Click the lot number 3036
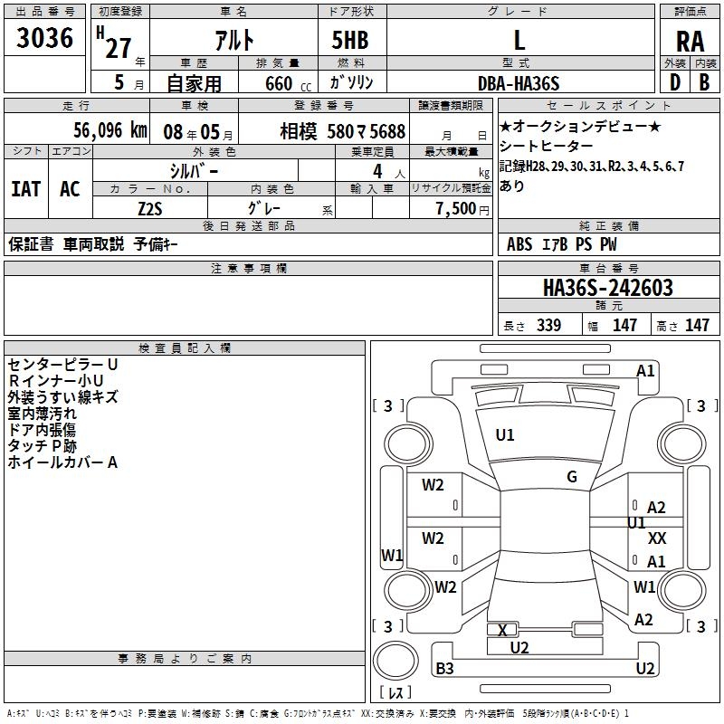tap(45, 39)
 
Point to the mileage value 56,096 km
tap(98, 129)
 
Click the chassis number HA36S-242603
tap(607, 288)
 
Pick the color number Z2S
tap(149, 207)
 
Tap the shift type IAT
tap(25, 189)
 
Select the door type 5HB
tap(350, 40)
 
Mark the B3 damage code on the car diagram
tap(445, 669)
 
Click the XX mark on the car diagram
tap(658, 538)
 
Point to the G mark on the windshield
tap(572, 477)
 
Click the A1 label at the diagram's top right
tap(645, 370)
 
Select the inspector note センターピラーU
tap(63, 364)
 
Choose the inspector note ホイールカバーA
tap(63, 462)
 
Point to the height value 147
tap(697, 326)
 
